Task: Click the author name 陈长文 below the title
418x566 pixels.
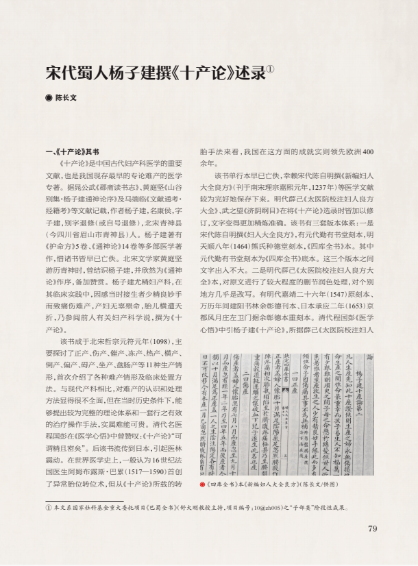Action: pyautogui.click(x=66, y=98)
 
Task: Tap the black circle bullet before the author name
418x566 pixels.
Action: pyautogui.click(x=48, y=98)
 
